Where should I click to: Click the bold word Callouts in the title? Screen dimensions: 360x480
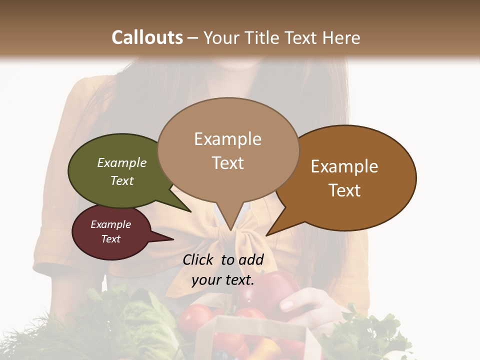click(147, 38)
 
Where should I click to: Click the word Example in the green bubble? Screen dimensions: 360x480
click(122, 163)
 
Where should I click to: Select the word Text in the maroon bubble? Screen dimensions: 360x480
click(111, 239)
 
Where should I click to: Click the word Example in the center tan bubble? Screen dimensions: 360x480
click(227, 139)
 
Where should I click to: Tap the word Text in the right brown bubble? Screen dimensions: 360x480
click(344, 190)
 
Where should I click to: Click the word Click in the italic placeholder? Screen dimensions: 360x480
click(199, 259)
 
